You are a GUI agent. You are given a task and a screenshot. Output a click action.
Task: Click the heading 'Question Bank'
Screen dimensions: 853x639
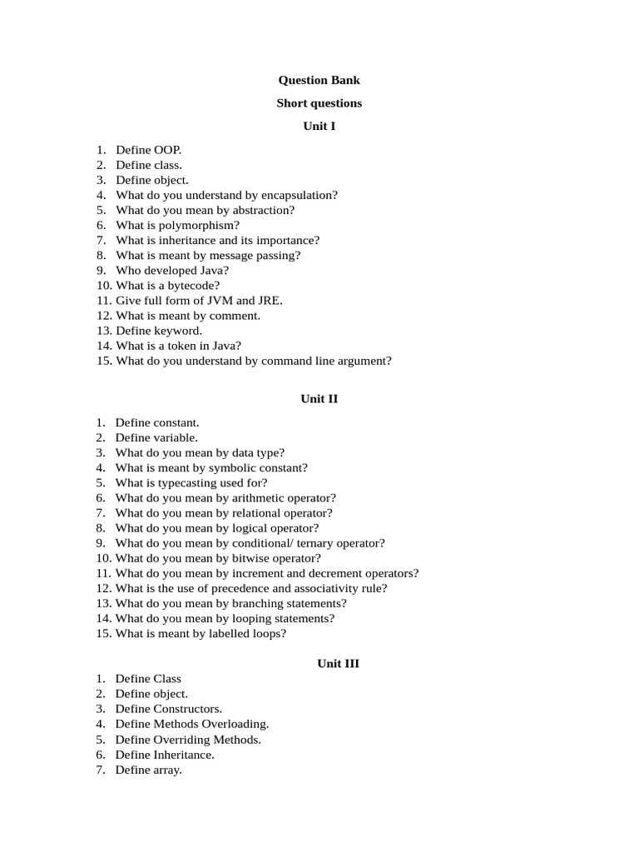319,80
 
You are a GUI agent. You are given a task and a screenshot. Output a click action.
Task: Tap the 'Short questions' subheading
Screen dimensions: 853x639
319,103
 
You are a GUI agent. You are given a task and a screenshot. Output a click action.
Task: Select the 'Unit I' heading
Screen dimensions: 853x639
319,126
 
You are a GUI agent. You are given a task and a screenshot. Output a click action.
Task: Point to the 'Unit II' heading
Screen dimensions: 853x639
319,399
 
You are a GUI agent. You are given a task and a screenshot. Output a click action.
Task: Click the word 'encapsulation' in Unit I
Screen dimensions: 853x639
299,195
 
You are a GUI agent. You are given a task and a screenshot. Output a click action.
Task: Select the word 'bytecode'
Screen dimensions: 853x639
191,285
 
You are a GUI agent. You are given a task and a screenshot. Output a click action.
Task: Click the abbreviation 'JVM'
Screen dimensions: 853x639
220,300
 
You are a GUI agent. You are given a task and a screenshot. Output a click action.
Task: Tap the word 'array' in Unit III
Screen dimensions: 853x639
167,770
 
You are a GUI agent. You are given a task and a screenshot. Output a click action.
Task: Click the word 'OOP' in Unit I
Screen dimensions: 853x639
166,150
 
